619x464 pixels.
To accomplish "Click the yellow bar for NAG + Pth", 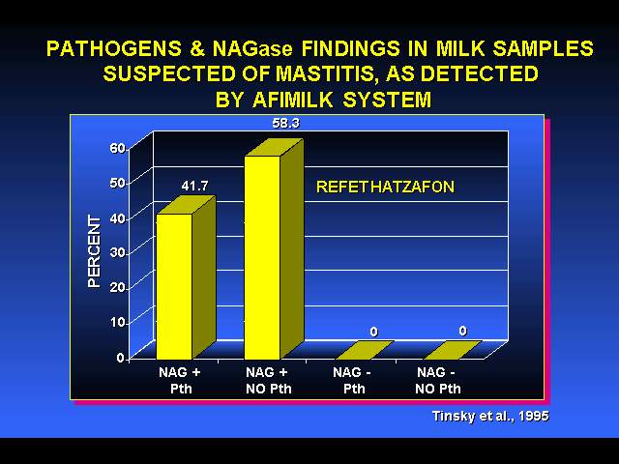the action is point(186,278).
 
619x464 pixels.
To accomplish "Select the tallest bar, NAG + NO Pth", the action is point(274,249).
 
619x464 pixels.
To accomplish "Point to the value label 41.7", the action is point(194,186).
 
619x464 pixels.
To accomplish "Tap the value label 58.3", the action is point(286,124).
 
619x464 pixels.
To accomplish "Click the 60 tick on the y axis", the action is point(117,148).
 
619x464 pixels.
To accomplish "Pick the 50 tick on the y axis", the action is point(117,183).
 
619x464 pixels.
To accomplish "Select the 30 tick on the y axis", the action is point(117,252).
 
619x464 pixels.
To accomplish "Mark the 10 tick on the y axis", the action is point(117,322).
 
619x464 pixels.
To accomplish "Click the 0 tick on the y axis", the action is point(120,358).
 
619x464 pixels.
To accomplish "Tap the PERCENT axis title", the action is point(95,251).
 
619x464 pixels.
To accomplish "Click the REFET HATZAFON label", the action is point(385,187).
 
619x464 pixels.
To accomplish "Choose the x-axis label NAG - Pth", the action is point(352,380).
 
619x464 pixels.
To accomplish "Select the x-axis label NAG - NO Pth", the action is point(438,380).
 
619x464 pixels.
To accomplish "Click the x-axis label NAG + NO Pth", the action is point(269,380).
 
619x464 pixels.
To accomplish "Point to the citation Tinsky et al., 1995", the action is point(490,416).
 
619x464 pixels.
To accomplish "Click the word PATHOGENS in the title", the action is point(114,48).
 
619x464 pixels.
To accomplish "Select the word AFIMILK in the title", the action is point(292,99).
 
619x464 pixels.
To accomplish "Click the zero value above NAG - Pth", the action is point(373,332).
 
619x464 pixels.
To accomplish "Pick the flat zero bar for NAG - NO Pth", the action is point(453,350).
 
